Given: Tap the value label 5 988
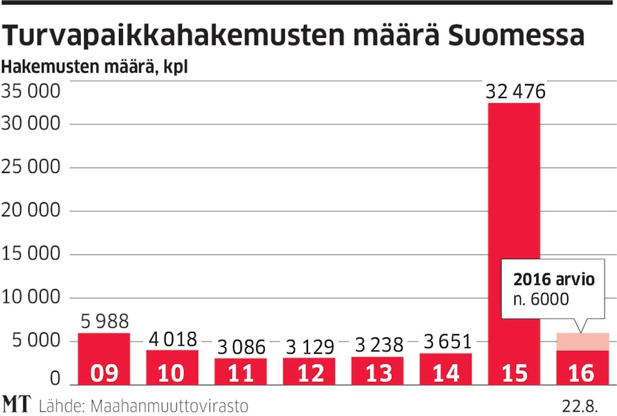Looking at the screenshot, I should click(104, 321).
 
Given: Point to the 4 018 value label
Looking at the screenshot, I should click(173, 339).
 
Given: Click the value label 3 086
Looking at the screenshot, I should click(241, 347).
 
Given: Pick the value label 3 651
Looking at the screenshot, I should click(446, 343).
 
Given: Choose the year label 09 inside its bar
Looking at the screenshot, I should click(104, 373).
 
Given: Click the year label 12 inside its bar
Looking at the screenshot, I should click(309, 373).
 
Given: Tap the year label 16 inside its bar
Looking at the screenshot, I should click(582, 373).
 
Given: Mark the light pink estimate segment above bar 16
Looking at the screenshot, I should click(582, 342).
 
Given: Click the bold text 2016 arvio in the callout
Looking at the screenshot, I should click(554, 280).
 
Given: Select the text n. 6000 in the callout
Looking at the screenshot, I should click(541, 299).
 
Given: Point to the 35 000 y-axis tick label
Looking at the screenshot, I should click(31, 92).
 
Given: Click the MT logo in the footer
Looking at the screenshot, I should click(16, 404).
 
